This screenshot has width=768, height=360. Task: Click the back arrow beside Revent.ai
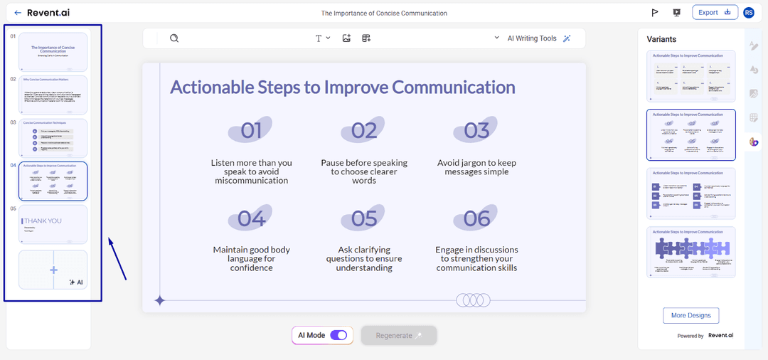point(18,13)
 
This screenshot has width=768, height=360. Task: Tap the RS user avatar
point(748,13)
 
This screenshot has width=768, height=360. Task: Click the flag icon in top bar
point(654,13)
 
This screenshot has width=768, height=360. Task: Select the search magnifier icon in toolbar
point(174,38)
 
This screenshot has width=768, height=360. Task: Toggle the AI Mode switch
point(338,335)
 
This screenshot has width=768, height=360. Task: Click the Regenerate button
point(398,335)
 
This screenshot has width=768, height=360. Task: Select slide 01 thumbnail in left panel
point(53,51)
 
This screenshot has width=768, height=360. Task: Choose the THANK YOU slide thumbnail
point(53,224)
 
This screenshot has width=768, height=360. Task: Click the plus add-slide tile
point(53,270)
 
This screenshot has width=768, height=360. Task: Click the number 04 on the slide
point(251,219)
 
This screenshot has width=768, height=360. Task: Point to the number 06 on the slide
point(476,219)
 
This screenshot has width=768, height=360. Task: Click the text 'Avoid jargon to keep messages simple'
point(476,167)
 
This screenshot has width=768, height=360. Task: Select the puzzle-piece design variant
point(690,253)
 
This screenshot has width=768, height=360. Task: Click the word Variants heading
point(661,39)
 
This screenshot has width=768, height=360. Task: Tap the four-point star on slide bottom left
point(160,301)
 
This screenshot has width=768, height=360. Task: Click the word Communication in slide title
point(454,88)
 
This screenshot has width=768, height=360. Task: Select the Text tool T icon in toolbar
point(319,38)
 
